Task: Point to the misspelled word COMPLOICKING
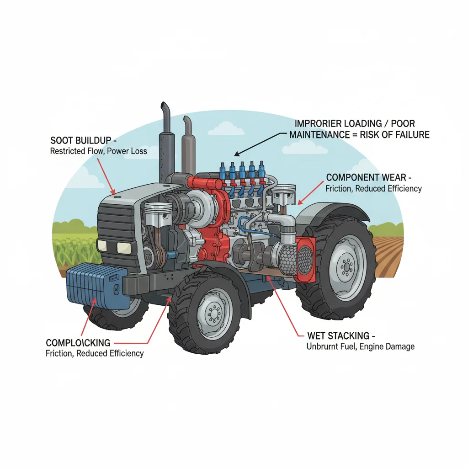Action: [78, 342]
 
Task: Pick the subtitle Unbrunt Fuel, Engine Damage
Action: [360, 346]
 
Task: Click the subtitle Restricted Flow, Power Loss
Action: [98, 150]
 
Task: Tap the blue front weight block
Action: [95, 285]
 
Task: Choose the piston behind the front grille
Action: [158, 215]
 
